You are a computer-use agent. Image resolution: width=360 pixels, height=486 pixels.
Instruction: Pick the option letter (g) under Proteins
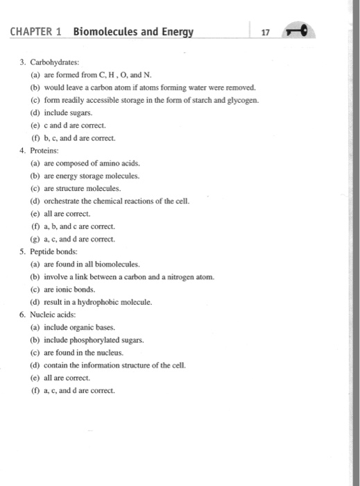pyautogui.click(x=34, y=240)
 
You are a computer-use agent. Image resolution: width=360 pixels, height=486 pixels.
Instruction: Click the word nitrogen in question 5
pyautogui.click(x=180, y=277)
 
